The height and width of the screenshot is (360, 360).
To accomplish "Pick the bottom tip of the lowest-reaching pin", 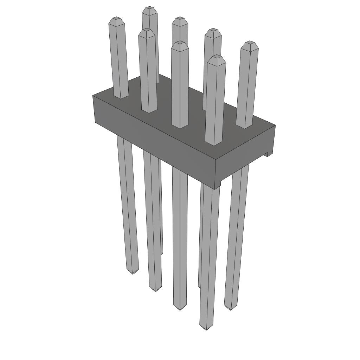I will click(206, 328).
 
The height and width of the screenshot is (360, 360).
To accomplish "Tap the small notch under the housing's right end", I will click(269, 153).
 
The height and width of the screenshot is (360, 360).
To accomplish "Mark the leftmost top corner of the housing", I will click(93, 96).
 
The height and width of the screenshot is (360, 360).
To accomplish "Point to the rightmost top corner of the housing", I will click(275, 125).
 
